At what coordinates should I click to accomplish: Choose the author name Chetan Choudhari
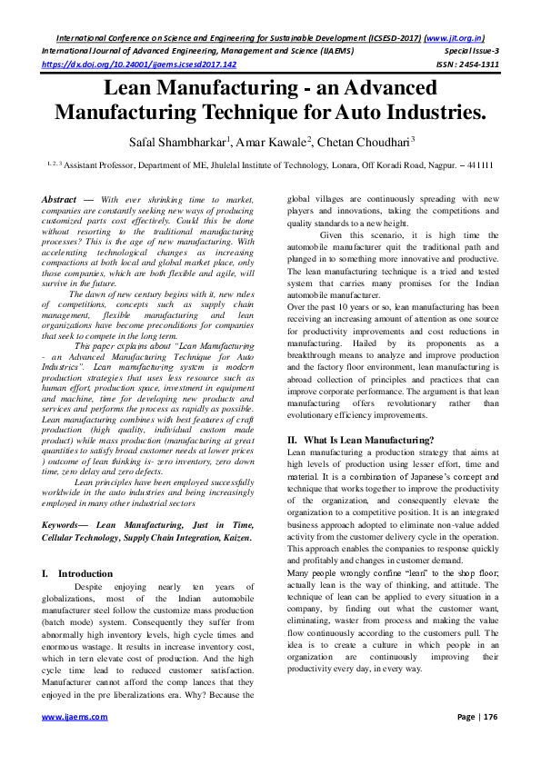coord(364,143)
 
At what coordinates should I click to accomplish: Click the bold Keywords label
coord(66,526)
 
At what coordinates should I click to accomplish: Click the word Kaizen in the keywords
coord(231,538)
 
